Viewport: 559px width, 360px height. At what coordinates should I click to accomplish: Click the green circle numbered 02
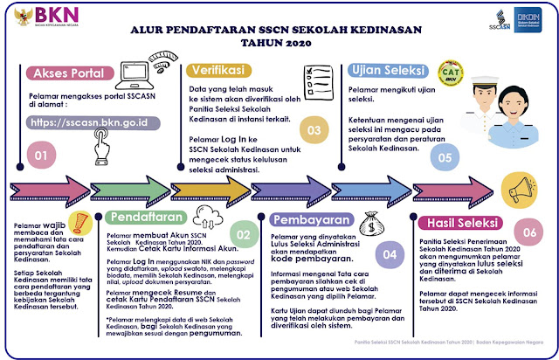point(245,234)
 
